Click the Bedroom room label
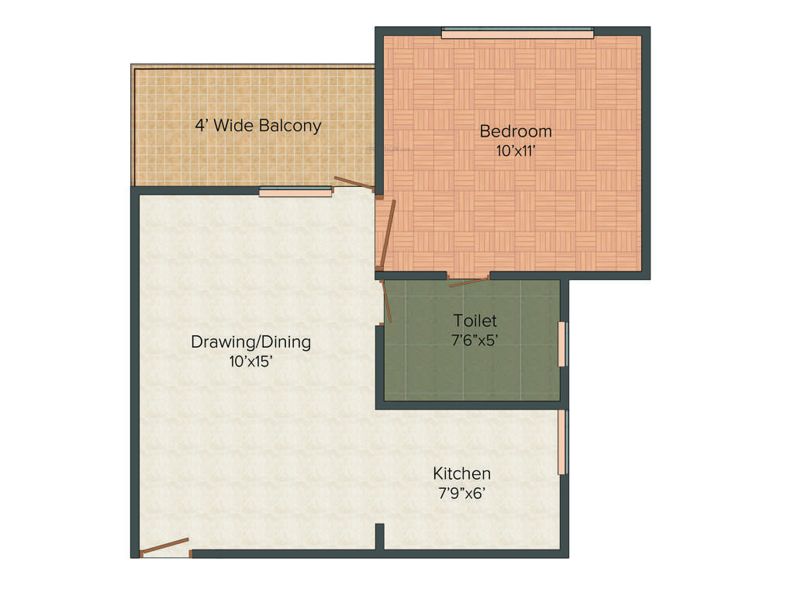tap(515, 130)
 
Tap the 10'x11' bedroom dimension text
tap(515, 151)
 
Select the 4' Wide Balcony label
tap(257, 125)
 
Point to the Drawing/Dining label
tap(250, 341)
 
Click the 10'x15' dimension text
tap(250, 361)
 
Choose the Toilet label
tap(475, 320)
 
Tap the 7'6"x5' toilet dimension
tap(475, 339)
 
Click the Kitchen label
tap(461, 473)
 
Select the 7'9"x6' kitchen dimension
tap(461, 493)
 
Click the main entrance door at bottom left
tap(164, 546)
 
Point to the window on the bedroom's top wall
tap(517, 33)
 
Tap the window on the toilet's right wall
tap(564, 343)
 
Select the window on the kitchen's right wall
tap(564, 442)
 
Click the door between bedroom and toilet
tap(468, 281)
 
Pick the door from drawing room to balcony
tap(354, 185)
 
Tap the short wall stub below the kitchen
tap(380, 536)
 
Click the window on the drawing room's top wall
tap(295, 192)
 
